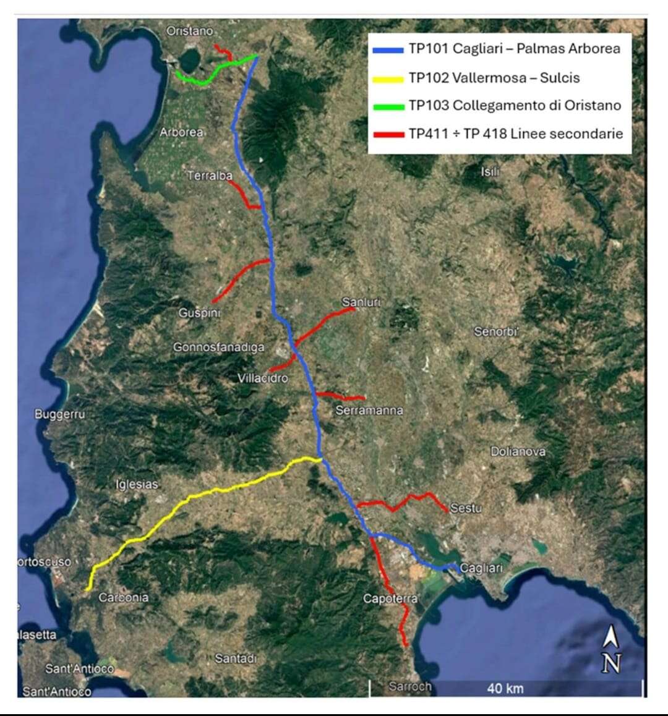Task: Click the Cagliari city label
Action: (x=482, y=568)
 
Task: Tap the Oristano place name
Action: (x=189, y=31)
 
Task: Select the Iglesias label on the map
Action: (x=137, y=484)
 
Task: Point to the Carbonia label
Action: (x=124, y=597)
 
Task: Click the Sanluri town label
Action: (x=361, y=302)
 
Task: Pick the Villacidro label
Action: (x=263, y=378)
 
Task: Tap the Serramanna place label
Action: (x=369, y=410)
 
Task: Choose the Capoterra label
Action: (x=390, y=599)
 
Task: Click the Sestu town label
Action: (x=466, y=508)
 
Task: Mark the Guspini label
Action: (x=200, y=313)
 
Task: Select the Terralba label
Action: (x=210, y=176)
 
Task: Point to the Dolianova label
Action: (x=518, y=451)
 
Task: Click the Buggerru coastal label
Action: (x=59, y=414)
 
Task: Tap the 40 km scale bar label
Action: (x=505, y=688)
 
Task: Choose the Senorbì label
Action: (x=495, y=332)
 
